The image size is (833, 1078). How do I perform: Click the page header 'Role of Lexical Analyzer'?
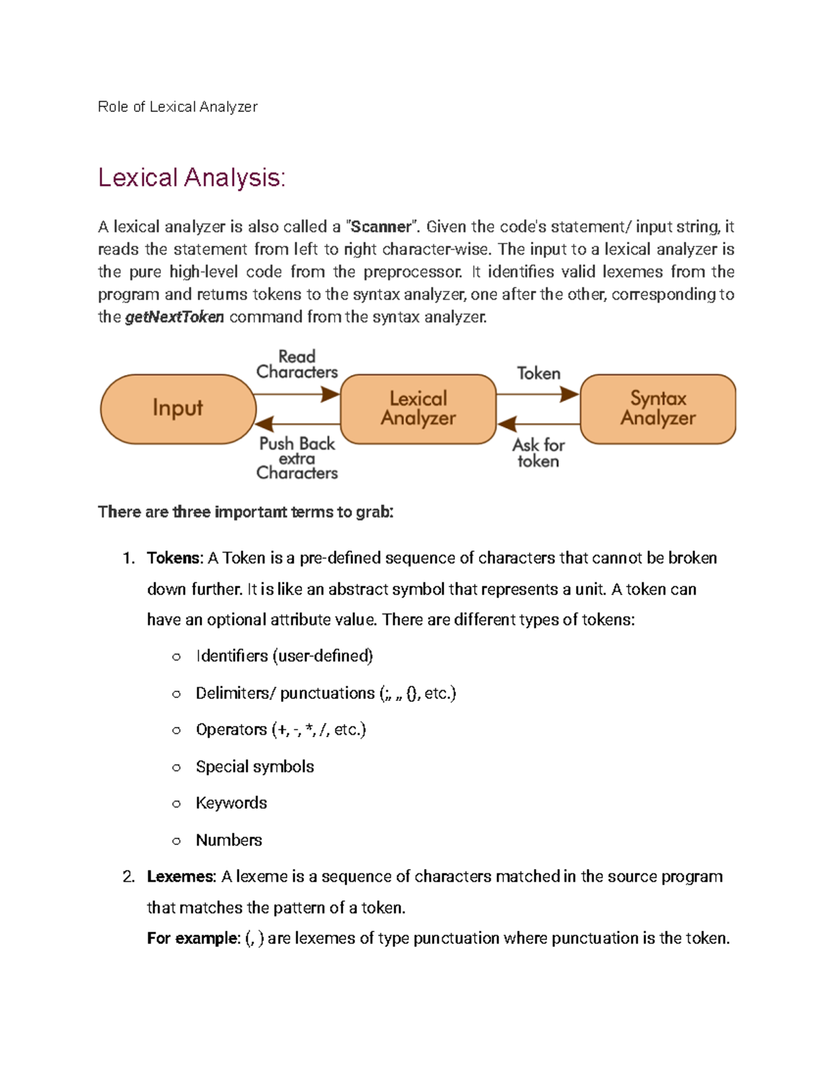(178, 107)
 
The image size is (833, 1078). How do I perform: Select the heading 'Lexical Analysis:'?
(192, 178)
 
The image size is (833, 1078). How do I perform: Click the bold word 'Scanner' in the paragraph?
(381, 227)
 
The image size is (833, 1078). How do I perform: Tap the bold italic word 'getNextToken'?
(174, 317)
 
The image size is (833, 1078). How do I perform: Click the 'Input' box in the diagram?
(178, 408)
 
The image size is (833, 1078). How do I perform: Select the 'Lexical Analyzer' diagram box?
(418, 408)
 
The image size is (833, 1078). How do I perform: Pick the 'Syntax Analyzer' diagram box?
(657, 408)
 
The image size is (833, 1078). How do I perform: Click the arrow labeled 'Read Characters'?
(297, 394)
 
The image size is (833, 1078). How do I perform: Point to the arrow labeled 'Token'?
(538, 394)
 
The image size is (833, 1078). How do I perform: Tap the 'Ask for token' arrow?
(538, 423)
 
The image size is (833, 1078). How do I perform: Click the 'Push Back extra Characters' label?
(297, 458)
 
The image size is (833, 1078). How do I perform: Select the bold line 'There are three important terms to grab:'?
(246, 512)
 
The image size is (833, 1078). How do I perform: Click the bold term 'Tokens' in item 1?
(174, 558)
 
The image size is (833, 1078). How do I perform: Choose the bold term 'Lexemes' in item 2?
(180, 877)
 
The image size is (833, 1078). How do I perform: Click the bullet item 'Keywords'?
(231, 803)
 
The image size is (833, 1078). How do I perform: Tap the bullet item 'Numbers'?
(228, 840)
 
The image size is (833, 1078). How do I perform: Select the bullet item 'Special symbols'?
(255, 766)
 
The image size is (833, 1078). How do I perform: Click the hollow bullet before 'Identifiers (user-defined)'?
(176, 657)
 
